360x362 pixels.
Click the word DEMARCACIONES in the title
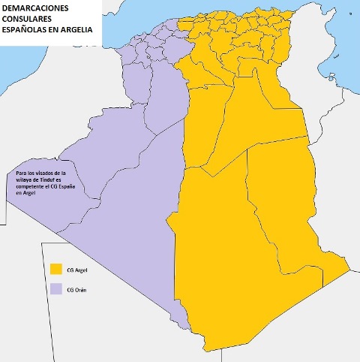click(x=46, y=8)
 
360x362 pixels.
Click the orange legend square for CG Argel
click(x=55, y=269)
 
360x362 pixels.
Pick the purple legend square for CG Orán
click(x=55, y=289)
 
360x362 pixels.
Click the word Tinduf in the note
click(x=49, y=179)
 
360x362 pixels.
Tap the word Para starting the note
click(x=21, y=173)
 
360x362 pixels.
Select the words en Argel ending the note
click(x=25, y=193)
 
